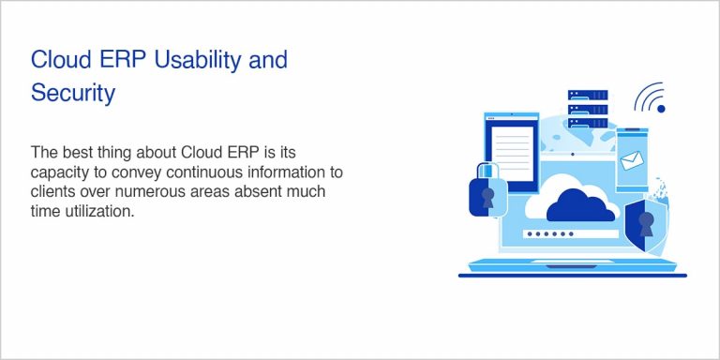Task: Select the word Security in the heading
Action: pos(73,93)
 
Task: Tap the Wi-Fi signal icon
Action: pos(649,99)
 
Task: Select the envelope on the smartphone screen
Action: pos(632,160)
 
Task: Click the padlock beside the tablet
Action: pos(487,192)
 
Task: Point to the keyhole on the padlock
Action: pos(487,198)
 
